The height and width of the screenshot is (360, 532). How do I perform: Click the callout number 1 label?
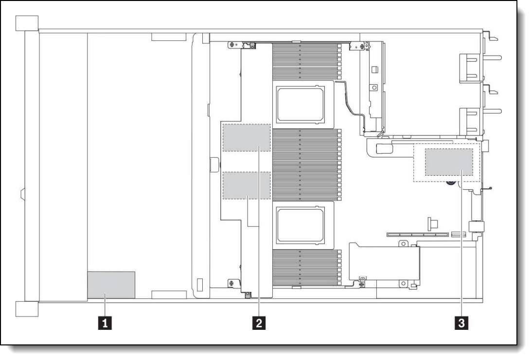[x=105, y=323]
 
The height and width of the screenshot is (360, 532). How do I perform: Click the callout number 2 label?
[x=259, y=323]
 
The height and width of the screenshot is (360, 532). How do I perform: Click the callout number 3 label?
[x=461, y=323]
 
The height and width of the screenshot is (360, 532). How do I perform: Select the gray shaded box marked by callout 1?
[x=111, y=285]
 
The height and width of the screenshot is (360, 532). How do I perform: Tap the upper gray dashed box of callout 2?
[x=247, y=137]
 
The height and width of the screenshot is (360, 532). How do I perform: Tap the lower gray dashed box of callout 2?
[x=247, y=185]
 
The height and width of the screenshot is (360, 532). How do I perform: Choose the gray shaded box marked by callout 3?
[x=449, y=162]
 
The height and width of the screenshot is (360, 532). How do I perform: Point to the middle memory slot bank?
[x=307, y=164]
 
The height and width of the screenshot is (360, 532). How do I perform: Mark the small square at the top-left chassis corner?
[x=27, y=23]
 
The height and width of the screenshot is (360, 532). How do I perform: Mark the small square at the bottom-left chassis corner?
[x=27, y=309]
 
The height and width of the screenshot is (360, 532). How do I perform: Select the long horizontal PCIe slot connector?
[x=419, y=234]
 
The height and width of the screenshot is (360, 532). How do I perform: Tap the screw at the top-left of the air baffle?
[x=232, y=45]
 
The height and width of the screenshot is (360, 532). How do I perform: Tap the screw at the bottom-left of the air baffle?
[x=232, y=283]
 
